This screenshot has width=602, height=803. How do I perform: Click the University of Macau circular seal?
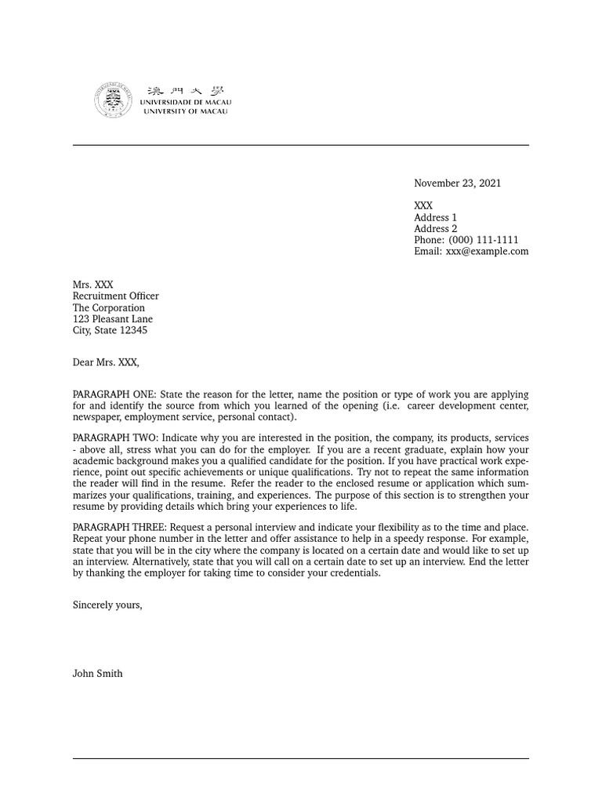114,100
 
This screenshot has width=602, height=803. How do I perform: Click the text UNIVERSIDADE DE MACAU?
186,103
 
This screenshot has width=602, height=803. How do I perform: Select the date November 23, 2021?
457,183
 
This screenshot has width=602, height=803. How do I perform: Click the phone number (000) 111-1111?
483,240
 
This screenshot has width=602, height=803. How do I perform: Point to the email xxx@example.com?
487,252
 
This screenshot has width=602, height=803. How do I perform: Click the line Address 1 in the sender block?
435,217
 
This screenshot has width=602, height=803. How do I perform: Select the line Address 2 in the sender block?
435,229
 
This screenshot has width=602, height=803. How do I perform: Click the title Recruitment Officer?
115,296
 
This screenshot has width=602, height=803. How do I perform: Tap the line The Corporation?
108,308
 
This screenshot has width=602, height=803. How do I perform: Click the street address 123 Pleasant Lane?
112,319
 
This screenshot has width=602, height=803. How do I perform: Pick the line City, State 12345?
110,331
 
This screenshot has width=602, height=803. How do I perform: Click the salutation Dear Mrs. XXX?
106,362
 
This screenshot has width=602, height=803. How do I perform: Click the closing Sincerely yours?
107,605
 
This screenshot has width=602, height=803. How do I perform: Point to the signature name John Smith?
97,674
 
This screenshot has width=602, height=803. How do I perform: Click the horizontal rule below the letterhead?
301,145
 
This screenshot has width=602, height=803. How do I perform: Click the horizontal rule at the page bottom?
301,758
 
